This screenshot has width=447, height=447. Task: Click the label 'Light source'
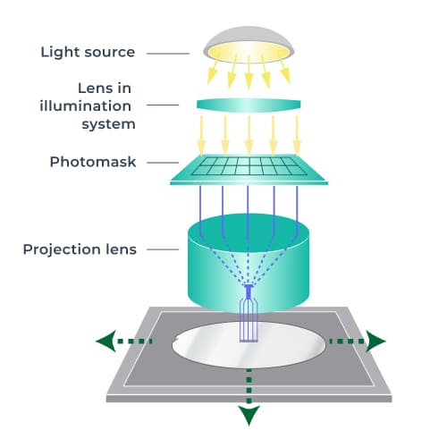88,51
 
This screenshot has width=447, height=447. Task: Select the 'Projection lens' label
80,249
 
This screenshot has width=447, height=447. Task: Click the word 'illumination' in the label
97,105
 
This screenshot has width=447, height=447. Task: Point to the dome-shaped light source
249,40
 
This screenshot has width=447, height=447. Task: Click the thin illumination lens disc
249,105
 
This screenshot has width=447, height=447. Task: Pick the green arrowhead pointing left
106,341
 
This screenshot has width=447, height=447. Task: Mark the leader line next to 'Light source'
165,52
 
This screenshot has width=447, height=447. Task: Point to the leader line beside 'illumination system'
165,105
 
